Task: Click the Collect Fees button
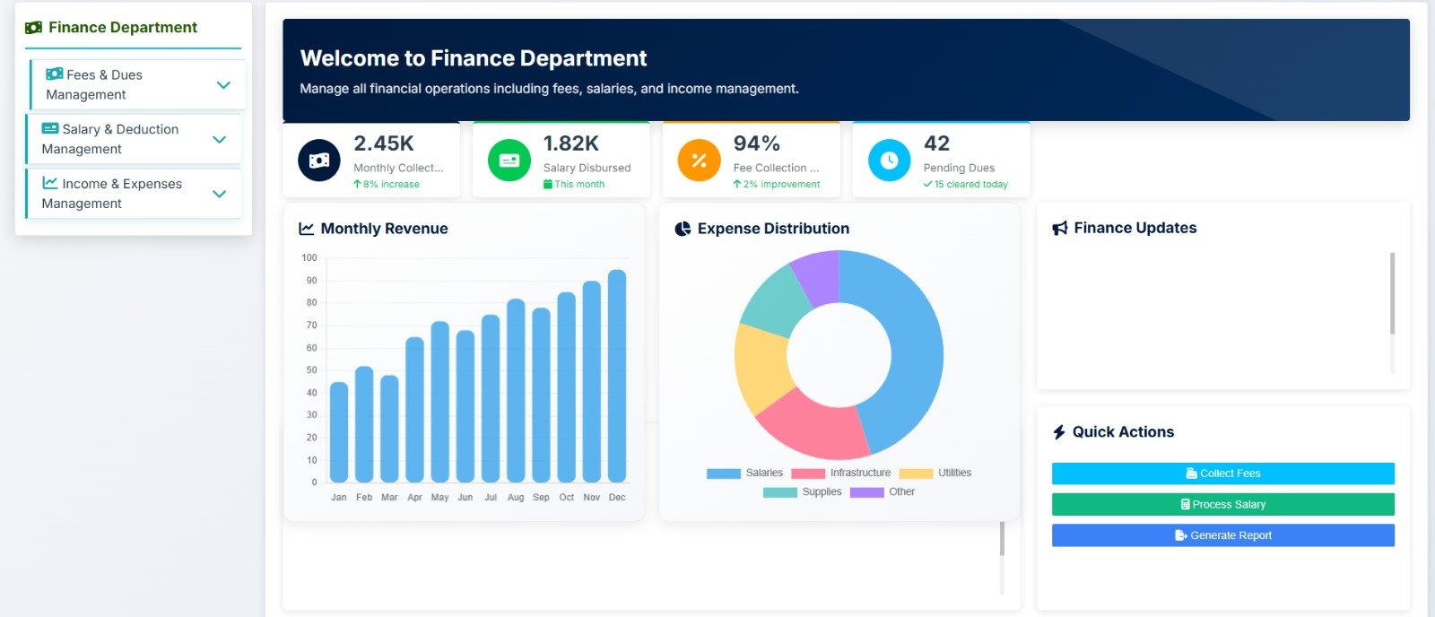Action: [x=1222, y=474]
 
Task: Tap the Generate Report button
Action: [x=1222, y=535]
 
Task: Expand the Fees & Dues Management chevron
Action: [x=223, y=85]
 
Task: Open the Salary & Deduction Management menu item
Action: [x=111, y=139]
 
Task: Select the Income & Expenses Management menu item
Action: [x=113, y=194]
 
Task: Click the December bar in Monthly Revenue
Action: [x=617, y=377]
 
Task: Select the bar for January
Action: [x=339, y=432]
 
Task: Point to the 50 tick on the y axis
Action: [x=311, y=370]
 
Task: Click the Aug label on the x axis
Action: [x=516, y=497]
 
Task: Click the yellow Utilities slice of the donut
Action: [x=761, y=368]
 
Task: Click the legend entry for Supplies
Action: [x=803, y=491]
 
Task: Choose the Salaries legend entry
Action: [x=744, y=473]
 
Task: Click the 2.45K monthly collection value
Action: [x=384, y=143]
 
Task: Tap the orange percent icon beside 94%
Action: [x=700, y=161]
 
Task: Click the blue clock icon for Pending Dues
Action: [x=889, y=161]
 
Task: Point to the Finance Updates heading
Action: [x=1135, y=228]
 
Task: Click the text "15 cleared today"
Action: [x=970, y=184]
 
